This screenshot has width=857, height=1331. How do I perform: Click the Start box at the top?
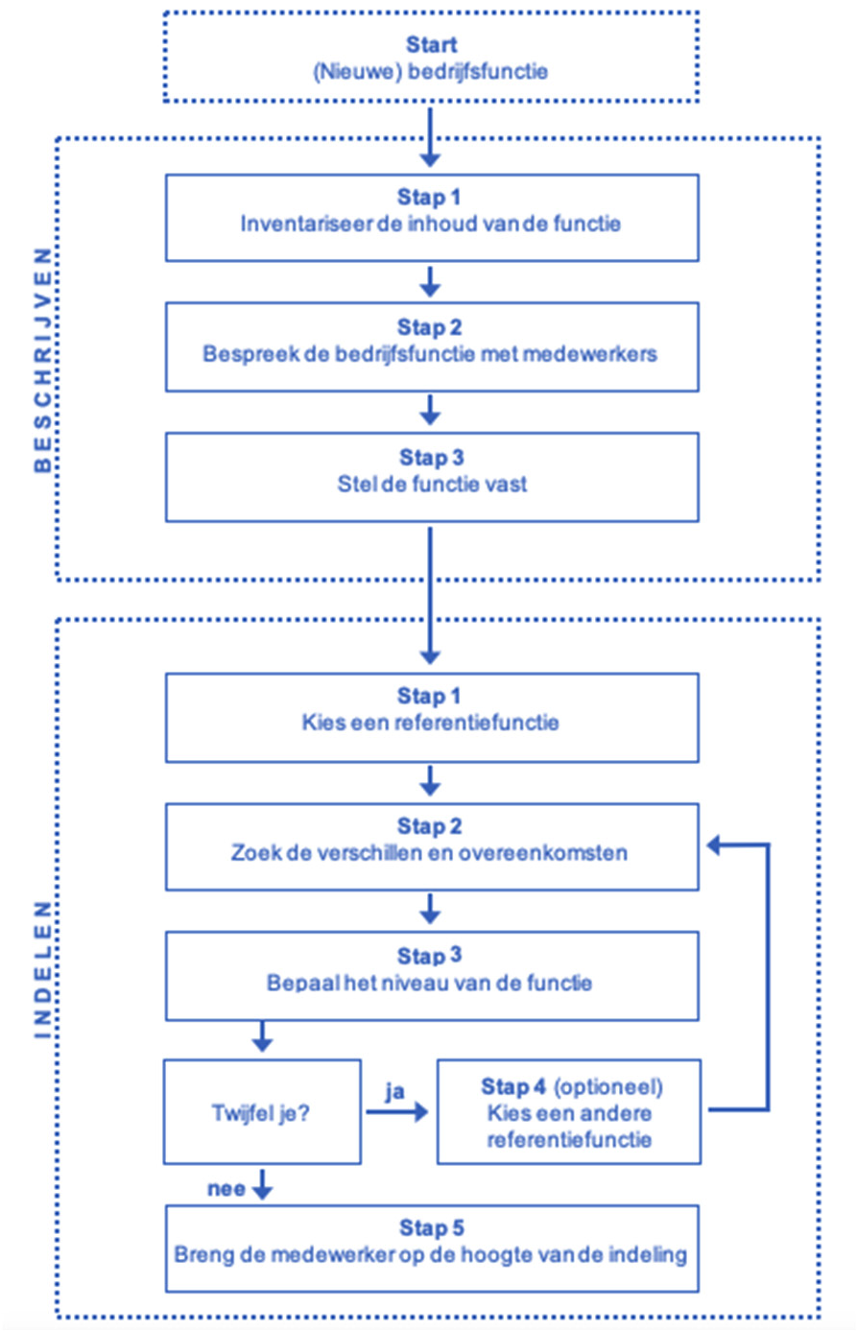pos(430,57)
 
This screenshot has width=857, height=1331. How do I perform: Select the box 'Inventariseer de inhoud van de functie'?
pos(431,217)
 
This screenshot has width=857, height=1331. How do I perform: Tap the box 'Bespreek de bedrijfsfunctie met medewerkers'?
pos(431,346)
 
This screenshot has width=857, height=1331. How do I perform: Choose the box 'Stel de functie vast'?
pos(431,477)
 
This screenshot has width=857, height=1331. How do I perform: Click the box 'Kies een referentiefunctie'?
pos(431,717)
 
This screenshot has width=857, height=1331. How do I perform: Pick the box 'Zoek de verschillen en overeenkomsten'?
pos(431,846)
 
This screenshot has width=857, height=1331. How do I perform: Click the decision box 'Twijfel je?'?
pos(262,1112)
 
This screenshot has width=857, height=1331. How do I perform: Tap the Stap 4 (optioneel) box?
pos(569,1112)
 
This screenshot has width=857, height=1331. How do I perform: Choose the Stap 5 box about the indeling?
pos(431,1248)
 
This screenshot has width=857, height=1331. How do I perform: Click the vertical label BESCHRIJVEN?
pos(42,359)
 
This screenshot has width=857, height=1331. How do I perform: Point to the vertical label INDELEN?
pos(42,969)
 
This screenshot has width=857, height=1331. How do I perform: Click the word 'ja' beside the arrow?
pos(394,1091)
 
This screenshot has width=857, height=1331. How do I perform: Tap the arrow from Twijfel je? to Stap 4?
pos(395,1112)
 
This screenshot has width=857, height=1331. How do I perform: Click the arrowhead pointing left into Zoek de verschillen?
pos(715,844)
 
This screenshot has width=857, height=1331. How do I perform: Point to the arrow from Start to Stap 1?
pos(430,136)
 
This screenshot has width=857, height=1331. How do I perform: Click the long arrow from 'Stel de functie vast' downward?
pos(430,595)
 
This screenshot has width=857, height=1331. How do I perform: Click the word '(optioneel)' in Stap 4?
pos(608,1087)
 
